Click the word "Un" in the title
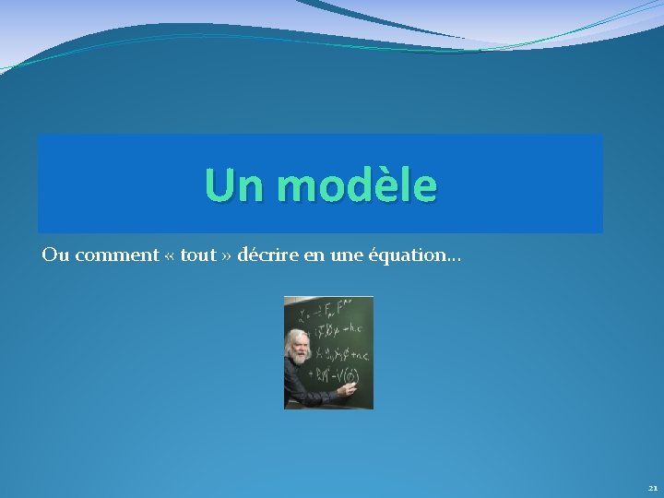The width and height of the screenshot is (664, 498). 234,185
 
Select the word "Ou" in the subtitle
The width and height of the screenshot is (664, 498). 55,255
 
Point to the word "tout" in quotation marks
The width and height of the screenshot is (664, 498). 198,255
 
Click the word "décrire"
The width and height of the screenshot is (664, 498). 266,255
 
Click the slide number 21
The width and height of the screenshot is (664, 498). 652,488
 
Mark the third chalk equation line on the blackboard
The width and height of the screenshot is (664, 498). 341,354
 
